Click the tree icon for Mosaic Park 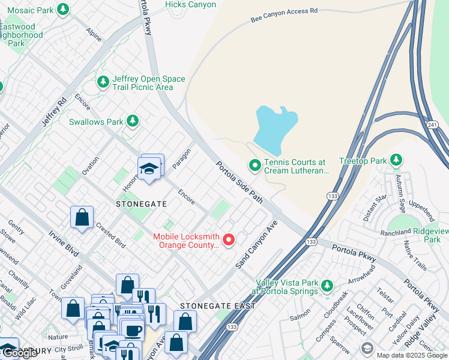click(62, 10)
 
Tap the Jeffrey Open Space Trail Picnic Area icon click(103, 80)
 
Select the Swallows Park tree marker click(133, 122)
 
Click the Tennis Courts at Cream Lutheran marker click(255, 164)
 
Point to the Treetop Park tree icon click(396, 160)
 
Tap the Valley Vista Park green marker click(327, 285)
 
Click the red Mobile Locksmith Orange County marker click(228, 241)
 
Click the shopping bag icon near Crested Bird click(82, 218)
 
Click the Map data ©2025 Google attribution click(411, 355)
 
